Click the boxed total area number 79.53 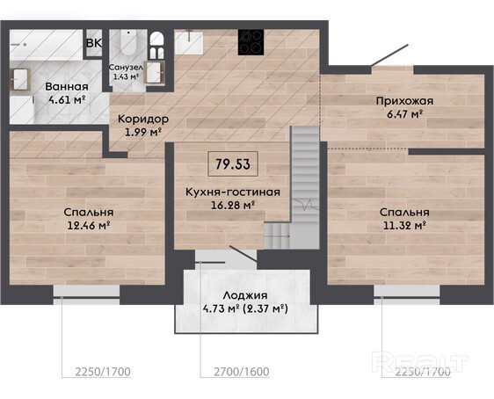(233, 164)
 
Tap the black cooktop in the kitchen (251, 42)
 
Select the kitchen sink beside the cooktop (189, 42)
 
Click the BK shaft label (94, 43)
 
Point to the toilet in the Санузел (128, 43)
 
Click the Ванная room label (67, 87)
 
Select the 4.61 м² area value (67, 100)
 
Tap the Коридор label (143, 119)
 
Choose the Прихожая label (404, 101)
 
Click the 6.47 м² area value (404, 114)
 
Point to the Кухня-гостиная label (233, 192)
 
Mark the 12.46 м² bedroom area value (89, 226)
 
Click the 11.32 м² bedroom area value (405, 226)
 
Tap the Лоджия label (245, 295)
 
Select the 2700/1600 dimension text (242, 372)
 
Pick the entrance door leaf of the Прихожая (389, 55)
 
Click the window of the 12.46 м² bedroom (86, 294)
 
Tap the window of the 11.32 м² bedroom (407, 294)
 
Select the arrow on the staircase (277, 236)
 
